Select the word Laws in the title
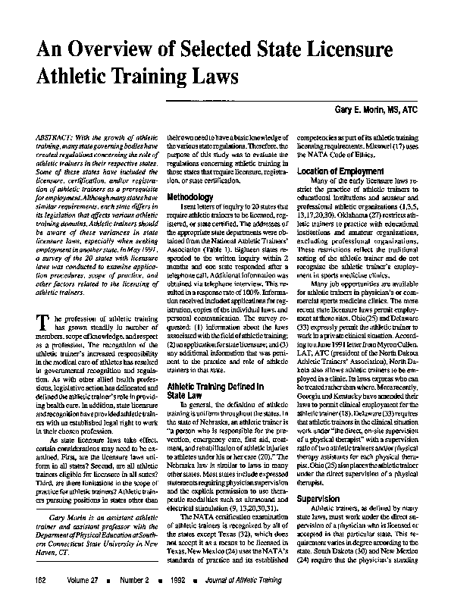coord(212,77)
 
